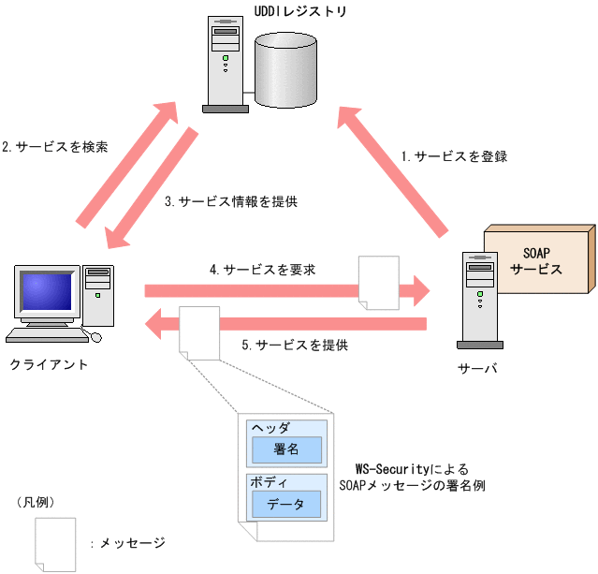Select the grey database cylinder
[282, 69]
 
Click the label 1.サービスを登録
[454, 156]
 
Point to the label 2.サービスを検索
[54, 147]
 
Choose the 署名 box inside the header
[285, 449]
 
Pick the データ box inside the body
[285, 504]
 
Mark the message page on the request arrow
[377, 282]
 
